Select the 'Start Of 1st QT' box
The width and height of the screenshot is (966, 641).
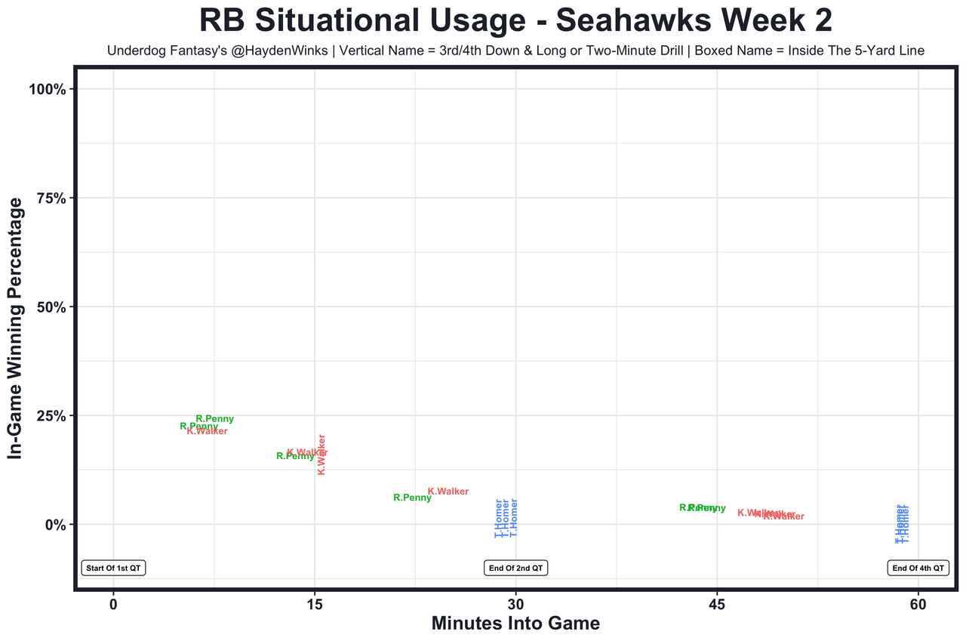coord(113,568)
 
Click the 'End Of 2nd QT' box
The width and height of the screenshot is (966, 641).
coord(515,568)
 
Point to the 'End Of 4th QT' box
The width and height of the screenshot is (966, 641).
coord(918,568)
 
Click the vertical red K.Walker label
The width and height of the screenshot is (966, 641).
coord(321,454)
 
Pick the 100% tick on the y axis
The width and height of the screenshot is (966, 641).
coord(51,89)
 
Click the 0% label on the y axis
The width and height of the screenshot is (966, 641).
coord(57,524)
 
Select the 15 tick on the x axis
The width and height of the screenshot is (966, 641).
coord(315,605)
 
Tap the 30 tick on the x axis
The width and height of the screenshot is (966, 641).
coord(515,605)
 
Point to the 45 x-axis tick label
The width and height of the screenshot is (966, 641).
coord(717,605)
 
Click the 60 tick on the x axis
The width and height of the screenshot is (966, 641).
coord(918,605)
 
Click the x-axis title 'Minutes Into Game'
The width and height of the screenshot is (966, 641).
coord(515,624)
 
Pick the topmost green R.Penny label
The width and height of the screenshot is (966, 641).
coord(214,419)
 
